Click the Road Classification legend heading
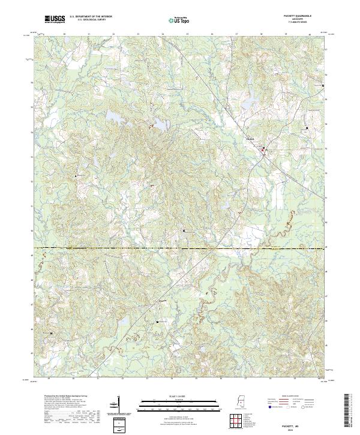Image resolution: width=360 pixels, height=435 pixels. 290,395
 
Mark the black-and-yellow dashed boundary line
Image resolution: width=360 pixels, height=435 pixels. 180,247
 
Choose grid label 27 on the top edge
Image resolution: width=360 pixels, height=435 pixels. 236,34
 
